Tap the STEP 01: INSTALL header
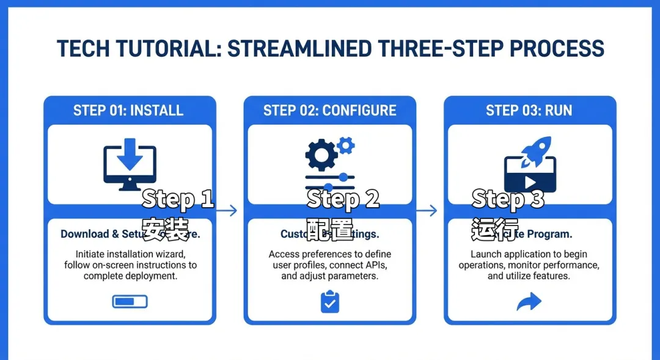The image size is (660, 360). [128, 111]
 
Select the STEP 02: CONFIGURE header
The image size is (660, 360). [330, 111]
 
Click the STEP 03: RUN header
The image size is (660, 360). [529, 111]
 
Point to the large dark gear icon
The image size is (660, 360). [321, 155]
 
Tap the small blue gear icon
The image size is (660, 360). [346, 145]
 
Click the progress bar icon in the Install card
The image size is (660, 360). [130, 301]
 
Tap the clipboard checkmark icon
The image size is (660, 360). [330, 302]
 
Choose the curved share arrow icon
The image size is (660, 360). [529, 301]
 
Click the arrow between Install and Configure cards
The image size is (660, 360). [227, 211]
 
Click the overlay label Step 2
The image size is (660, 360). [343, 199]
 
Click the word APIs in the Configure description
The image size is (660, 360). [375, 265]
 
